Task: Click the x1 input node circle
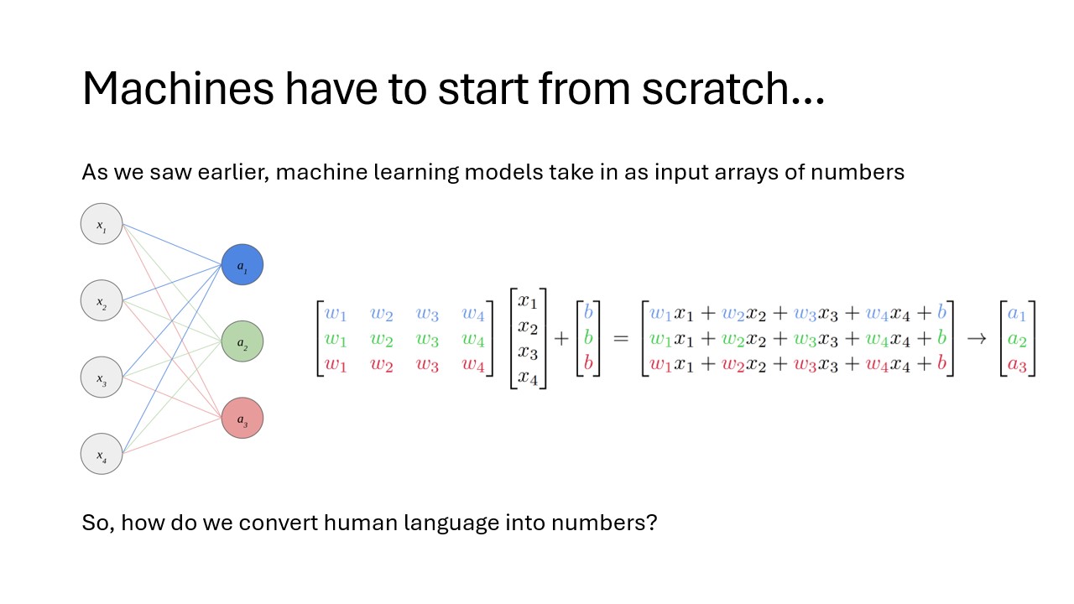click(x=102, y=224)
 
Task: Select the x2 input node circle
click(x=102, y=300)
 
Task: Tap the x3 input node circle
click(x=102, y=377)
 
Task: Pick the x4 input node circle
click(x=102, y=454)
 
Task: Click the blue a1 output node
click(x=242, y=264)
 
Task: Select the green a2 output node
click(x=242, y=341)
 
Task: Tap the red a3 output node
click(x=242, y=418)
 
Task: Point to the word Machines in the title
click(x=178, y=88)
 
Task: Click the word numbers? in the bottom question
click(x=604, y=523)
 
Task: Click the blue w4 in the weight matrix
click(x=473, y=314)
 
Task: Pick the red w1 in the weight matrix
click(x=335, y=365)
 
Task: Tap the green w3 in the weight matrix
click(x=427, y=340)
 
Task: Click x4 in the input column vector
click(x=528, y=377)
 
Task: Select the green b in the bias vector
click(x=588, y=338)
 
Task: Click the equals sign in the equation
click(x=620, y=339)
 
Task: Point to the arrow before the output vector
click(x=976, y=339)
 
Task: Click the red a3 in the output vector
click(x=1017, y=365)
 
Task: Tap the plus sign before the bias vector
click(x=561, y=339)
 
